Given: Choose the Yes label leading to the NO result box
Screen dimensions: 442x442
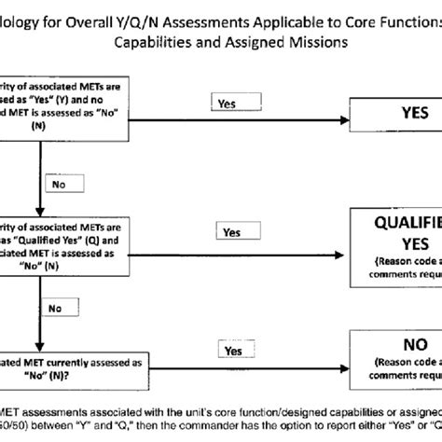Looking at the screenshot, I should click(x=231, y=350).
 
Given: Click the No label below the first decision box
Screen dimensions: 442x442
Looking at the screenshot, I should click(x=58, y=186).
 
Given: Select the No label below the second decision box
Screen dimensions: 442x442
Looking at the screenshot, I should click(x=57, y=307).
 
